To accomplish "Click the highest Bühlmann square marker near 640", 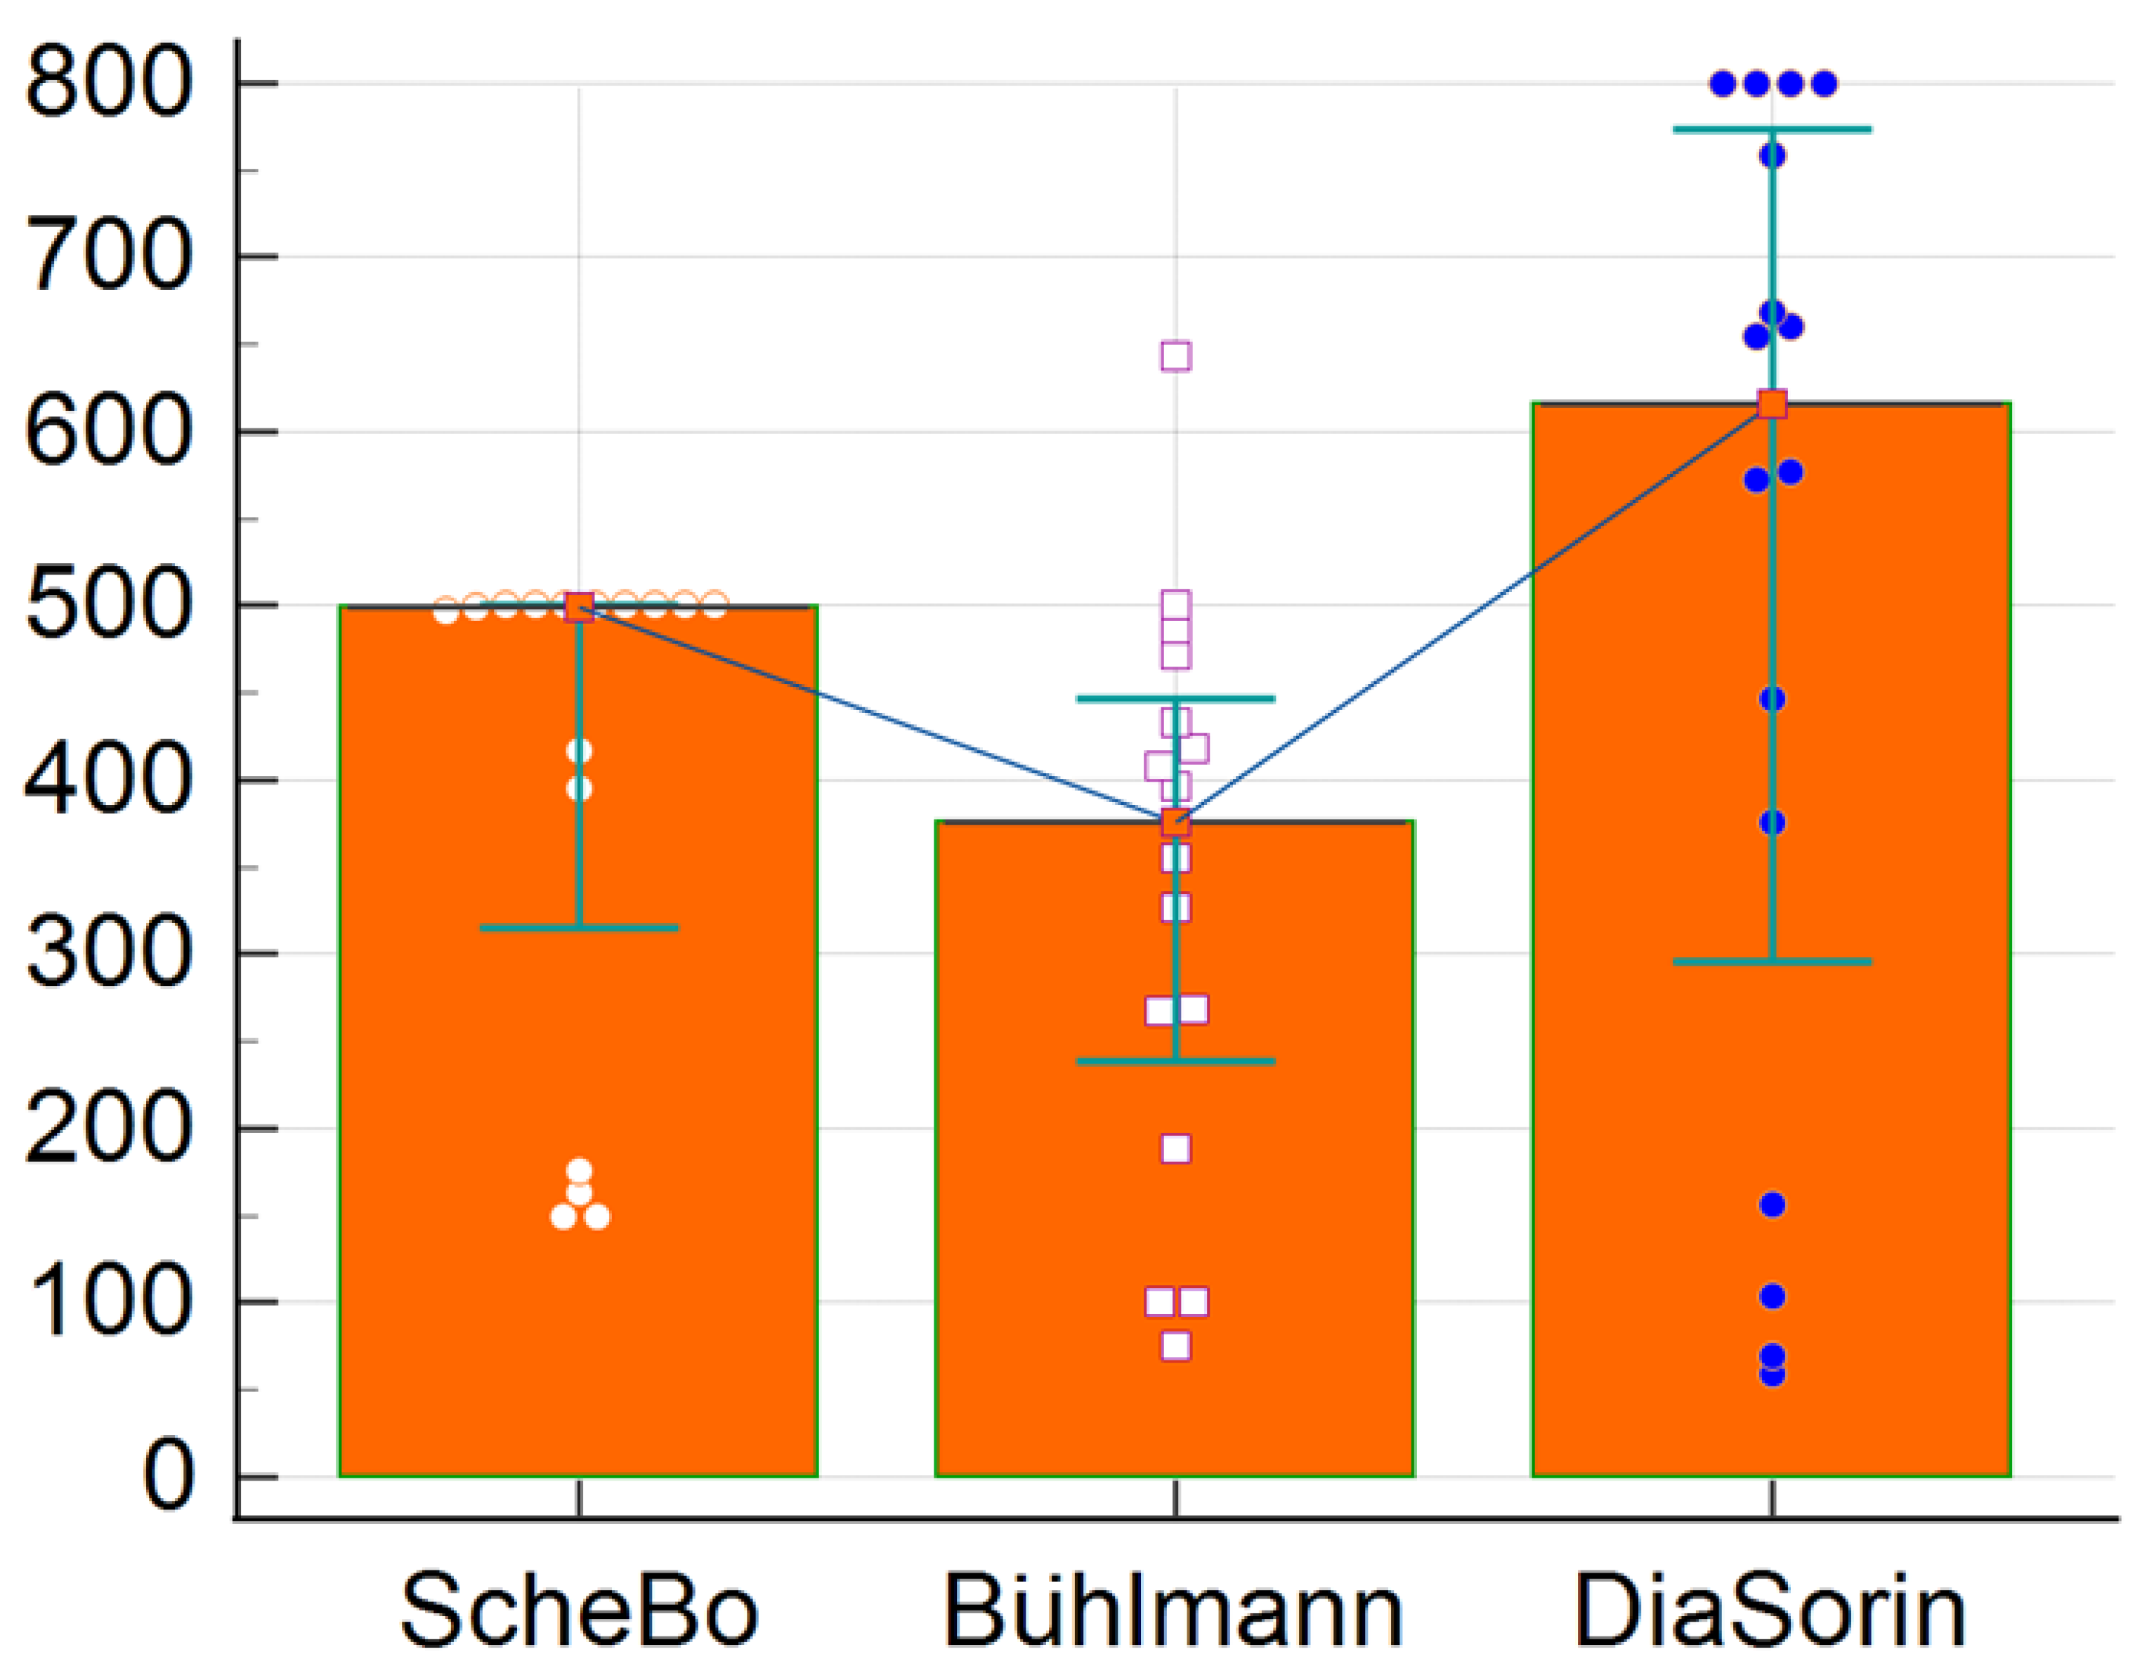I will click(1175, 356).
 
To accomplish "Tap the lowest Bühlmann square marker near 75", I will click(1175, 1346).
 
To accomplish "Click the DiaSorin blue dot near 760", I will click(1773, 156).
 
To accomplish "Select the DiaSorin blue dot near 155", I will click(1773, 1205).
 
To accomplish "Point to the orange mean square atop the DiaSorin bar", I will click(1773, 405).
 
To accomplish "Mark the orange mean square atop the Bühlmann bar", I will click(1175, 821).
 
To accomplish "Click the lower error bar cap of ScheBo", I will click(579, 928).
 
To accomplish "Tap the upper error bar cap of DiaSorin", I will click(1773, 129).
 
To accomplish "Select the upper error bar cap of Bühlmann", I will click(1175, 699).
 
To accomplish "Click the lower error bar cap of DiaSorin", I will click(1773, 962).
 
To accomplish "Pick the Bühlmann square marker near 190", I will click(1175, 1148).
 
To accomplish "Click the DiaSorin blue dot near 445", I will click(1773, 699).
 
